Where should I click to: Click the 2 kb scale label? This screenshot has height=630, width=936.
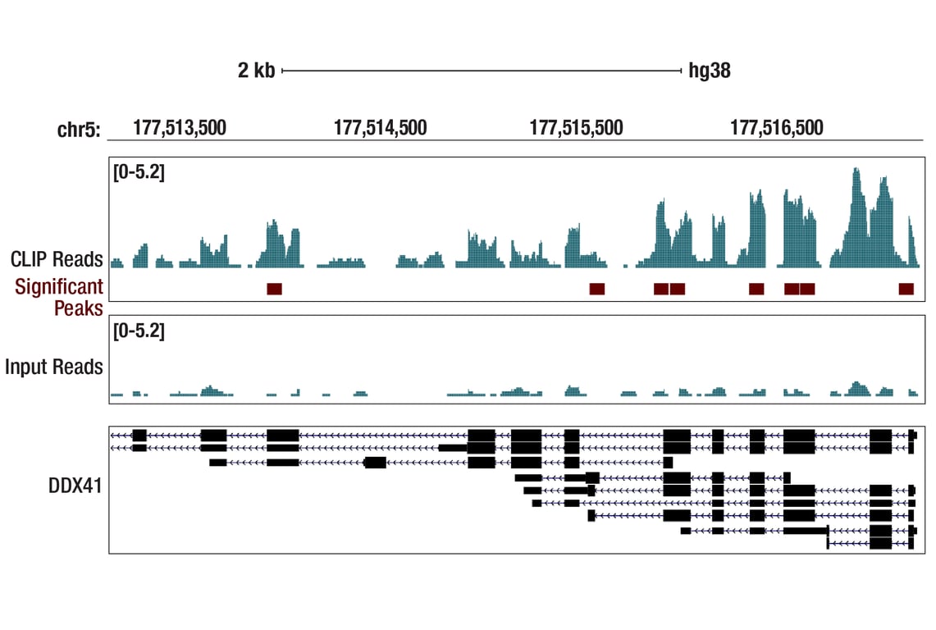(x=256, y=71)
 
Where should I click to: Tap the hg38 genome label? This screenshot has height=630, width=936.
(x=710, y=71)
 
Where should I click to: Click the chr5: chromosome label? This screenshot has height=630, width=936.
(x=79, y=129)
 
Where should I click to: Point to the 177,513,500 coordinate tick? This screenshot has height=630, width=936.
(x=179, y=128)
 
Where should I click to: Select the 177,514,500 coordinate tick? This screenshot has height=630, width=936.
(x=380, y=128)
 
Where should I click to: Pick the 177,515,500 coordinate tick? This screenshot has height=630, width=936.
(x=576, y=128)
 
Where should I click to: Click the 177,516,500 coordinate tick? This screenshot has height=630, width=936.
(x=776, y=128)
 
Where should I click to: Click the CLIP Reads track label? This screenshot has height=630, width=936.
(x=57, y=259)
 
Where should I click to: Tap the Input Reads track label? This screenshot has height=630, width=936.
(x=54, y=367)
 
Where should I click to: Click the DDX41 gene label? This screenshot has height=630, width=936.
(x=75, y=487)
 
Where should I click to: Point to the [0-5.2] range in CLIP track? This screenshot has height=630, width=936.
(x=139, y=173)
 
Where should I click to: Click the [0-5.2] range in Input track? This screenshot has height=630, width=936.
(x=139, y=331)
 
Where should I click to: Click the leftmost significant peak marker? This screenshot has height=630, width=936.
(x=274, y=289)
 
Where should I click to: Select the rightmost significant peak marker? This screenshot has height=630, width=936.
(x=906, y=289)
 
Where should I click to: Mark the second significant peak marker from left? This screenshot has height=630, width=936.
(x=596, y=289)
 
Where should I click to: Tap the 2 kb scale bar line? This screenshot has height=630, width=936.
(x=482, y=71)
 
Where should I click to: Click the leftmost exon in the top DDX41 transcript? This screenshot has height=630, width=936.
(x=139, y=435)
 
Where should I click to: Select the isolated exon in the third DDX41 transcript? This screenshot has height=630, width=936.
(x=375, y=463)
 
